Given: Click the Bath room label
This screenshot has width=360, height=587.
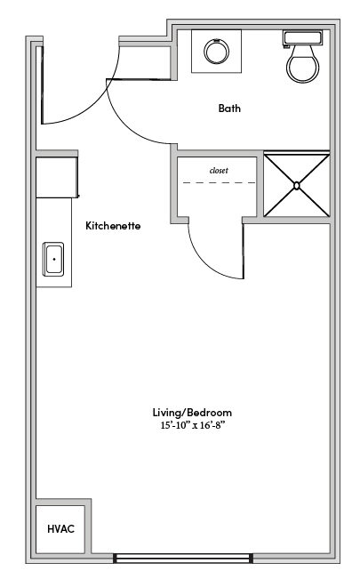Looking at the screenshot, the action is click(229, 109).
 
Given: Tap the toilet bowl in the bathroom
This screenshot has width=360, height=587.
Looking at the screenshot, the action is click(303, 64).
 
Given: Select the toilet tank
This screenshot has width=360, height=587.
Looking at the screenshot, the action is click(302, 38).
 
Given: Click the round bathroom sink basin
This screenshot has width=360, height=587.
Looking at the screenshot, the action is click(216, 52).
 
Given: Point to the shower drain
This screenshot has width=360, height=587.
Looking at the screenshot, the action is click(296, 185).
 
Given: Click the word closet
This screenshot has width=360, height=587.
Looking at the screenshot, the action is click(219, 171).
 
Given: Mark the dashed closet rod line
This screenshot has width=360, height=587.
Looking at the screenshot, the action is click(220, 182).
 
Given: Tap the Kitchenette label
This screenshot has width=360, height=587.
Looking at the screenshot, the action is click(113, 226).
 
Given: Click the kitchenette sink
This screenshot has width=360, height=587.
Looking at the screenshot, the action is click(53, 259).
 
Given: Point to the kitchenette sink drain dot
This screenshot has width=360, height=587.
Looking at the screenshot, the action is click(54, 259).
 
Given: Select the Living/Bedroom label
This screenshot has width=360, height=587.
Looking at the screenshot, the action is click(192, 413).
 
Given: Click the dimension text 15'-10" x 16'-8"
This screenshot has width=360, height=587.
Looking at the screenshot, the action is click(194, 425).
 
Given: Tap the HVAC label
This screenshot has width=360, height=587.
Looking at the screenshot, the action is click(60, 528).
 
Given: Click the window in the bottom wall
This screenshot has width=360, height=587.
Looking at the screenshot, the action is click(183, 559).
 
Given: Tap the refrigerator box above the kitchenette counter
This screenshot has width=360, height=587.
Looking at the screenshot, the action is click(57, 177).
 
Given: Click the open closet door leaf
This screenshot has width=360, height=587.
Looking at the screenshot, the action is click(244, 251).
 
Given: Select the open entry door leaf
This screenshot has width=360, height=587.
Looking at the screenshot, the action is click(42, 84).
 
